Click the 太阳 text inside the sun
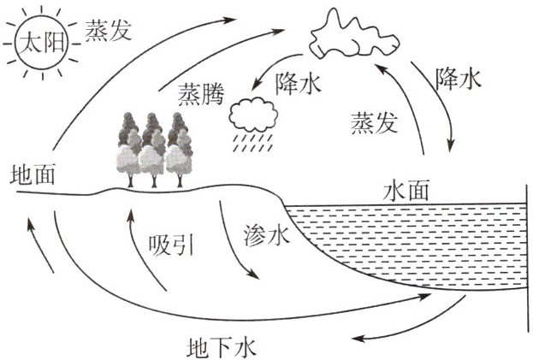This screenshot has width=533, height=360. pos(42,43)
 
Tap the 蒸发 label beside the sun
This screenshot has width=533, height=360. pos(108,30)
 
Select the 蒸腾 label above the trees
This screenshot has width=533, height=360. pos(201,93)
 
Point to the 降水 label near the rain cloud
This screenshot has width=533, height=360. pos(298,83)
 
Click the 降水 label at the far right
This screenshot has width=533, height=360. pos(459,79)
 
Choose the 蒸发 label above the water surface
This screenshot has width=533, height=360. pos(374,122)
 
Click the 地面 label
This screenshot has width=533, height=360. pos(33,174)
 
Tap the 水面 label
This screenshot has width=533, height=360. pos(406,191)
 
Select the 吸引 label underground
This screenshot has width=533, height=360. pos(171,245)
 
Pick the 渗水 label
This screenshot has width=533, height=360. pos(267,235)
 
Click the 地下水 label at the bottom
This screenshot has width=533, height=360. pos(221,347)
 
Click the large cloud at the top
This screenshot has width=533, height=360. pos(353,34)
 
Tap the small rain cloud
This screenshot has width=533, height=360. pos(253,115)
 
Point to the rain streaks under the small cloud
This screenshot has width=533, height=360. pos(252,142)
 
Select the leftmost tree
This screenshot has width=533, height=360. pos(129,150)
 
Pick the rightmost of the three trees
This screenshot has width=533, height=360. pos(179,150)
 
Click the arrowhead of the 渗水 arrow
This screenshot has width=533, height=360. pos(254,274)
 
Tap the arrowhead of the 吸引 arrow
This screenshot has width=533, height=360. pos(131,215)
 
